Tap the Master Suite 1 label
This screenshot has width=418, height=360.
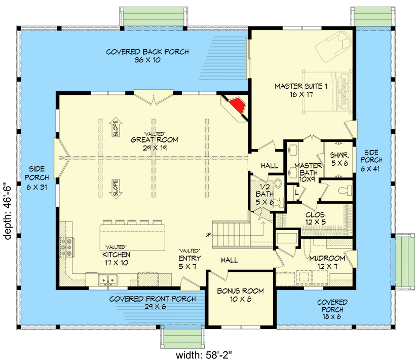coord(301,86)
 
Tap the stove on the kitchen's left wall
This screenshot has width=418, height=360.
coord(66,248)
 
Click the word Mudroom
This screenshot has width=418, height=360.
coord(328,258)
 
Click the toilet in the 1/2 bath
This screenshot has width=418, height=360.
coord(278,184)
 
